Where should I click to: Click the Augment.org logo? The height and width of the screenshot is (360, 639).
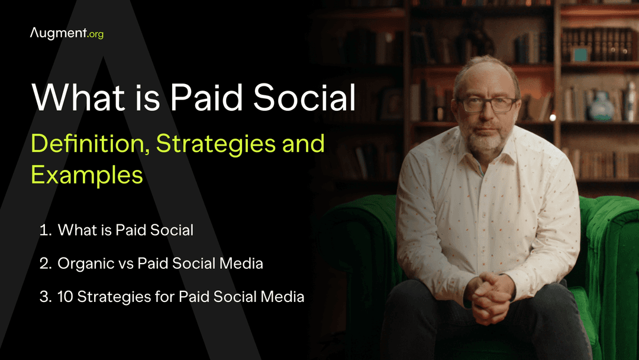(x=66, y=33)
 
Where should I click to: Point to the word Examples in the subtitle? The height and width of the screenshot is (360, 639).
(x=87, y=175)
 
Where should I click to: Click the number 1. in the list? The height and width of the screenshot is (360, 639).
(x=46, y=230)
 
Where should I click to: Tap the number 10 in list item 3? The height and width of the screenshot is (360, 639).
(x=65, y=297)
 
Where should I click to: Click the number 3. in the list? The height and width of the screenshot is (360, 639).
(x=46, y=297)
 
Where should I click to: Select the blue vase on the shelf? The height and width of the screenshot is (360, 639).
(x=602, y=107)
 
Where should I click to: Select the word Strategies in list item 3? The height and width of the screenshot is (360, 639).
(x=109, y=297)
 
